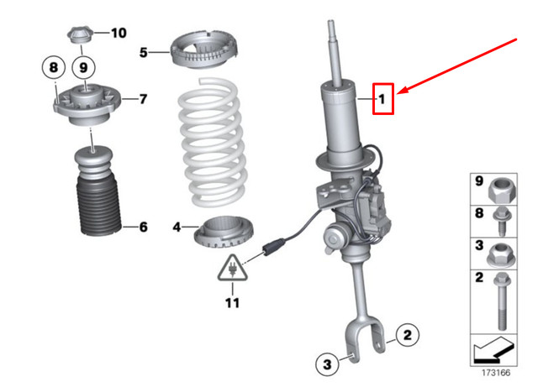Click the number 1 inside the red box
[382, 101]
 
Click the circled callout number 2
[405, 336]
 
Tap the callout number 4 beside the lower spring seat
[177, 227]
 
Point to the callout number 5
[144, 52]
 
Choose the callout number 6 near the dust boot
[142, 227]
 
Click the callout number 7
[143, 99]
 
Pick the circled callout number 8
[53, 66]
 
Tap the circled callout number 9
[82, 66]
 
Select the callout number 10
[118, 34]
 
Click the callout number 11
[231, 302]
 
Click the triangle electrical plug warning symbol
[230, 270]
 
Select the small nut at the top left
[79, 35]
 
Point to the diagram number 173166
[496, 372]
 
